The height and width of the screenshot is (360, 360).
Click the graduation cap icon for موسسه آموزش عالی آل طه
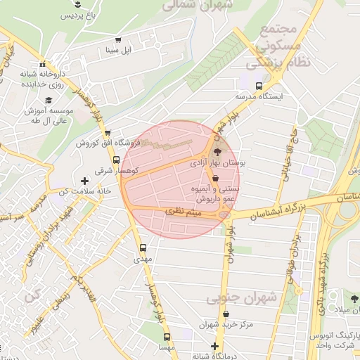pos(48,101)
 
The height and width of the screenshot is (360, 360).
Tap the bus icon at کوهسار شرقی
pos(117,160)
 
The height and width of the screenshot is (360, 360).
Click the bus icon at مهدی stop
pos(143,247)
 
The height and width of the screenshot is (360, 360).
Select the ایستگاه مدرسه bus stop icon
pos(259,86)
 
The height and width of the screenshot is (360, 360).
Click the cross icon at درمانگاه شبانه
pos(215,347)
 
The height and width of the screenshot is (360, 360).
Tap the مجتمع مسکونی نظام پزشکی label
pos(274,45)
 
